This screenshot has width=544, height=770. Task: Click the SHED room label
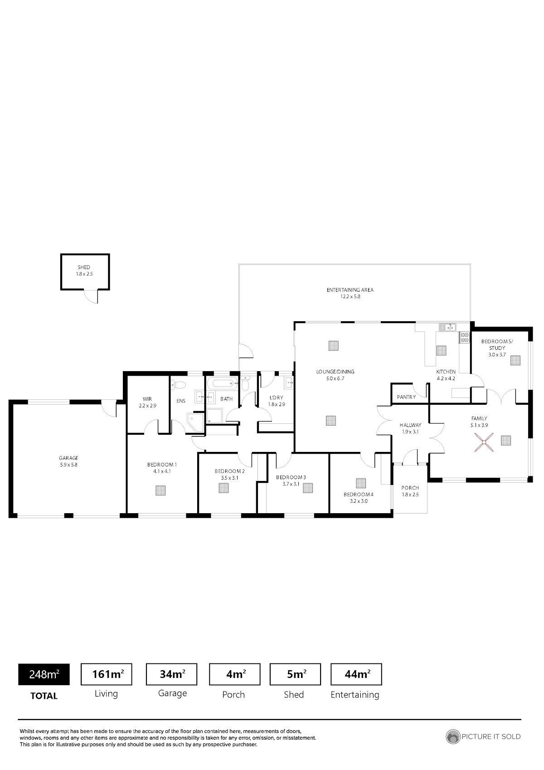click(84, 267)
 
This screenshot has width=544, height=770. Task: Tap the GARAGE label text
click(69, 458)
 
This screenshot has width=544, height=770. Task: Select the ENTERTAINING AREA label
click(350, 290)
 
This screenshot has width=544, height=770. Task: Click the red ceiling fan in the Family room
click(484, 442)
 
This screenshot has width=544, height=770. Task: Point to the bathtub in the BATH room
click(222, 383)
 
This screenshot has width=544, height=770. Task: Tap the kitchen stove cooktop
click(464, 338)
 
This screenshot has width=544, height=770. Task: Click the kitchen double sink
click(447, 327)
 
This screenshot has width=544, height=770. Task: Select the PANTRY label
click(406, 397)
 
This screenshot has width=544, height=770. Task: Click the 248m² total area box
click(44, 674)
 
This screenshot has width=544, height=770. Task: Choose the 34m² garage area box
click(172, 674)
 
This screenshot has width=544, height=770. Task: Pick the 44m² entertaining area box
click(356, 674)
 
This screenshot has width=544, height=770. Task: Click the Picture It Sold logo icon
click(452, 737)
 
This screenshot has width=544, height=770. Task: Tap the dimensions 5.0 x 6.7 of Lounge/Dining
click(335, 378)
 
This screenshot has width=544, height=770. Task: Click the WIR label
click(147, 399)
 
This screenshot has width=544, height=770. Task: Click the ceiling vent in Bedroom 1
click(160, 490)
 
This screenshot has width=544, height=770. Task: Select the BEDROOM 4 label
click(359, 495)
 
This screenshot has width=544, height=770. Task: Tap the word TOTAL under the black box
click(44, 696)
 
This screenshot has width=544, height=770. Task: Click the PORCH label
click(410, 488)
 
